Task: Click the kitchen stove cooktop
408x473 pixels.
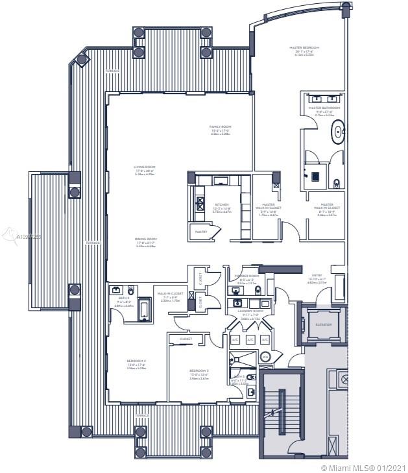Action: (199, 202)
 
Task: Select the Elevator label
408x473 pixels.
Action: (323, 324)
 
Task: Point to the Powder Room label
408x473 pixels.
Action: (246, 276)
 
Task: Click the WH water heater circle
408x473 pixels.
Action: (265, 356)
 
